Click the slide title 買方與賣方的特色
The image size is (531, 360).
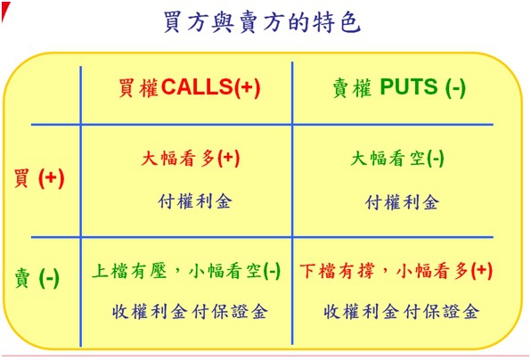(x=262, y=22)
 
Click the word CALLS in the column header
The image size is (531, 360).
(x=197, y=87)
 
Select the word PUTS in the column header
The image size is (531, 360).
(x=409, y=86)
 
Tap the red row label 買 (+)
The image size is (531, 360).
(x=39, y=178)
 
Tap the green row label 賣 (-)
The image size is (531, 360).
(x=37, y=278)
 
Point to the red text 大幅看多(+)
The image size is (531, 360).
(x=191, y=158)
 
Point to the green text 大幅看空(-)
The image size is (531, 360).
(x=397, y=158)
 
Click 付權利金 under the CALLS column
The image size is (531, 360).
(x=195, y=201)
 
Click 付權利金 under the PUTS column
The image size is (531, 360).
(x=403, y=202)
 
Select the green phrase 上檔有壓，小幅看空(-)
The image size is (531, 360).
(x=186, y=271)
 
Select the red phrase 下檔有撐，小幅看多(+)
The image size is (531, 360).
(x=396, y=271)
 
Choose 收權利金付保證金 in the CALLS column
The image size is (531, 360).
(x=190, y=312)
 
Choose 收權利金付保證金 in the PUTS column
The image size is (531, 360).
(x=401, y=312)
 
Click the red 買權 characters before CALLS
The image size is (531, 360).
(x=138, y=87)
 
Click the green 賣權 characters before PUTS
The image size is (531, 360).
(x=352, y=87)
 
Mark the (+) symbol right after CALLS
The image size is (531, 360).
(x=247, y=87)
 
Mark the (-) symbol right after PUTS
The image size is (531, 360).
(x=455, y=87)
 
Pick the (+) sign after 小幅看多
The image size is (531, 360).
(x=482, y=271)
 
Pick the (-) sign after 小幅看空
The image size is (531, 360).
(x=272, y=271)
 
